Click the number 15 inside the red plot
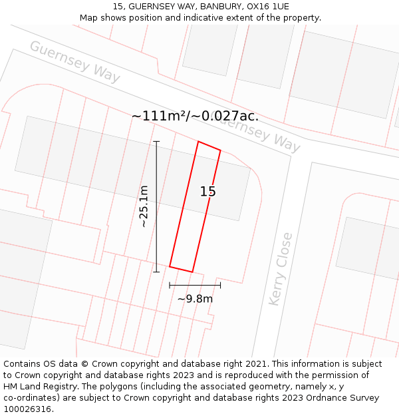tap(207, 192)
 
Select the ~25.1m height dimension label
tap(144, 206)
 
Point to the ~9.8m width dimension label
tap(195, 299)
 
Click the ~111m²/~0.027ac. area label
tap(195, 116)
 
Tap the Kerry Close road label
tap(280, 269)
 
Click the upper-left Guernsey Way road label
tap(74, 62)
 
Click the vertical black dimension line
tap(157, 206)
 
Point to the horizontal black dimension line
tap(195, 285)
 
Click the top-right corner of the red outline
tap(220, 150)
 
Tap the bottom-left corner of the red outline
tap(170, 266)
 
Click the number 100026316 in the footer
tap(27, 409)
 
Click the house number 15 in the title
tap(119, 7)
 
